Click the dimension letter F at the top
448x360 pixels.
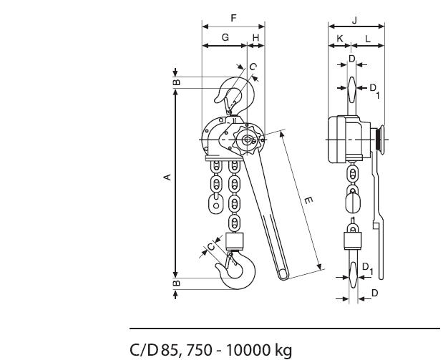[234, 19]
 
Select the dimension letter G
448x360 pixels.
[225, 37]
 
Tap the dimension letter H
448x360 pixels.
[255, 38]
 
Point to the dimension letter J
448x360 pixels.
[354, 20]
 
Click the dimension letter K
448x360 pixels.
[340, 38]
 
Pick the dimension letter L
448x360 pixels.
[368, 39]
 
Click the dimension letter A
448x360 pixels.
[168, 177]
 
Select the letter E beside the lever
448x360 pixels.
[308, 200]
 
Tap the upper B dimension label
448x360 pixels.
[177, 82]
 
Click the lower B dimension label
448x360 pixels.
[177, 283]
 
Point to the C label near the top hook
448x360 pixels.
[253, 67]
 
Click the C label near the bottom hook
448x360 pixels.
[211, 246]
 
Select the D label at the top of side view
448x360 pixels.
[352, 59]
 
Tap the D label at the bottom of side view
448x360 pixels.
[374, 293]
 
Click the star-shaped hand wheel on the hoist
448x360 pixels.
[247, 140]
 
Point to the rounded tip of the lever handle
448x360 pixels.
[283, 275]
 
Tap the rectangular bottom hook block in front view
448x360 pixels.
[235, 241]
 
